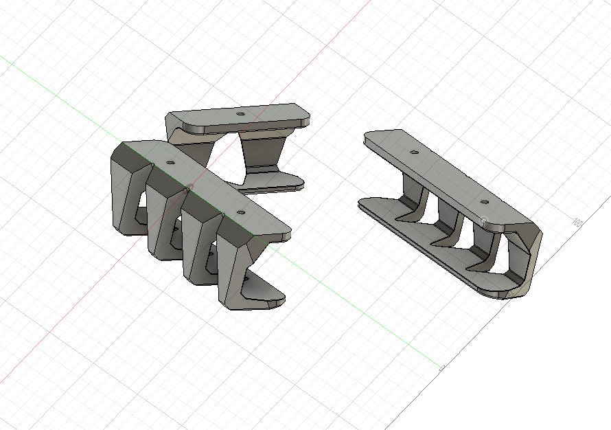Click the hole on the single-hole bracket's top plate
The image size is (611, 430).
(240, 113)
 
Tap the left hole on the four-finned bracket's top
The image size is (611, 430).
(170, 163)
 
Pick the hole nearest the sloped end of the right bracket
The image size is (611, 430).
(485, 203)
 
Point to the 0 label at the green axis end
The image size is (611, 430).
(441, 367)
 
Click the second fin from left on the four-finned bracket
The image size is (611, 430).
(160, 220)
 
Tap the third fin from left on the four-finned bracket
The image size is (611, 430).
(195, 247)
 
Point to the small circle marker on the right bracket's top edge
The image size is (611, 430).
(485, 220)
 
